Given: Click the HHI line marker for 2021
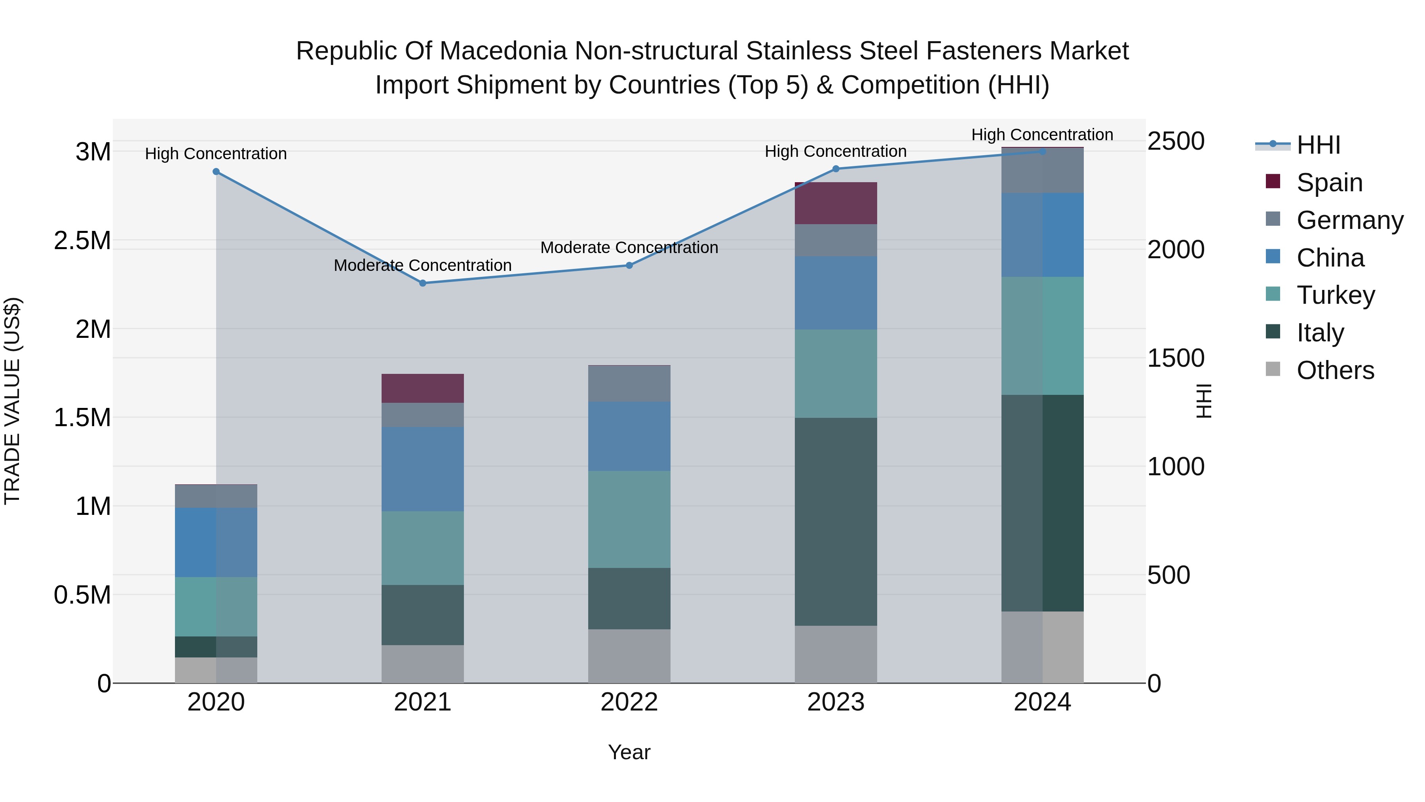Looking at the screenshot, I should click(423, 283).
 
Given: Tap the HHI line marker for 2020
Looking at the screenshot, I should click(216, 171).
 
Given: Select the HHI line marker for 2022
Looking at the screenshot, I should click(629, 265).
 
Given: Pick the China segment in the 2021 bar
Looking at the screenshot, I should click(423, 469).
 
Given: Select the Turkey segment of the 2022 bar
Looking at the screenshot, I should click(629, 519).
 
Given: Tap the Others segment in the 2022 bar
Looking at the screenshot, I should click(629, 656).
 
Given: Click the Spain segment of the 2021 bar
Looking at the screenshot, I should click(423, 388).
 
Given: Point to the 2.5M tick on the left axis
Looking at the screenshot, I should click(82, 241).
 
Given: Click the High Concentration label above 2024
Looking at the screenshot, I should click(1042, 135).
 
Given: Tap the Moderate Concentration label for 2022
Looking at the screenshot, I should click(629, 248).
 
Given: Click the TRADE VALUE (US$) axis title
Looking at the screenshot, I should click(12, 401).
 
